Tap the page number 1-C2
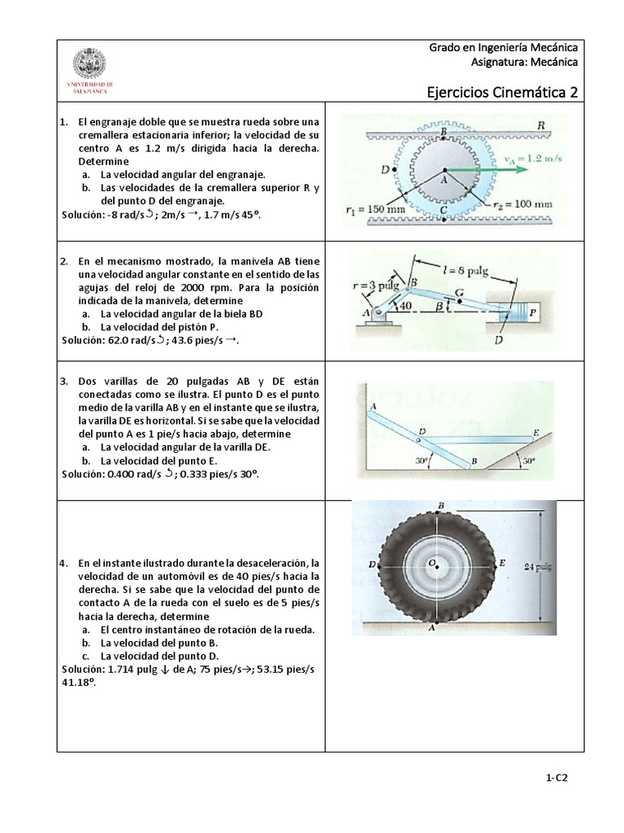pos(556,778)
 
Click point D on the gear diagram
pos(385,170)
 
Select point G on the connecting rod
pos(460,294)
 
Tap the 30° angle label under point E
pos(529,460)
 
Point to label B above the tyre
pos(440,505)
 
